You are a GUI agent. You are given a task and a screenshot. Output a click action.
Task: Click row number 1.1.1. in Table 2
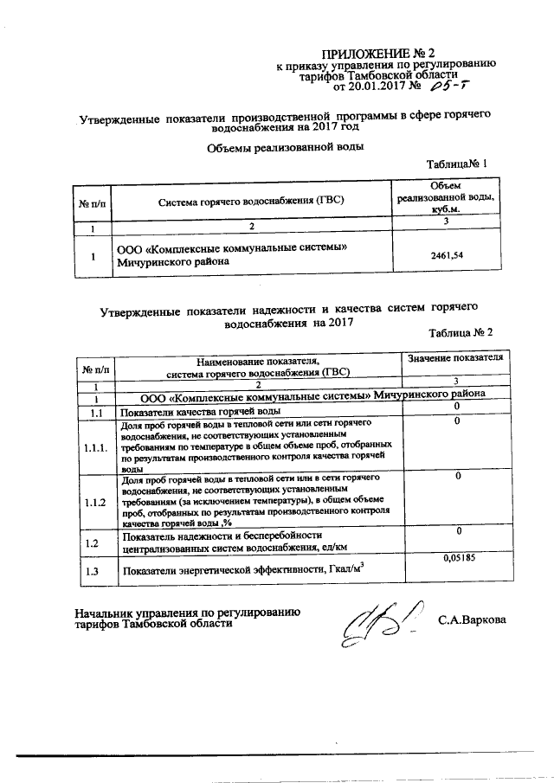95,448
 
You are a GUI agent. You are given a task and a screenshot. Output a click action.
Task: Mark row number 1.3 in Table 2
95,571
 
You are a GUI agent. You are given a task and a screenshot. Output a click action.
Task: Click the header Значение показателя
454,357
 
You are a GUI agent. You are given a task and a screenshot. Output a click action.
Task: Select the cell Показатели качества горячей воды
199,413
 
